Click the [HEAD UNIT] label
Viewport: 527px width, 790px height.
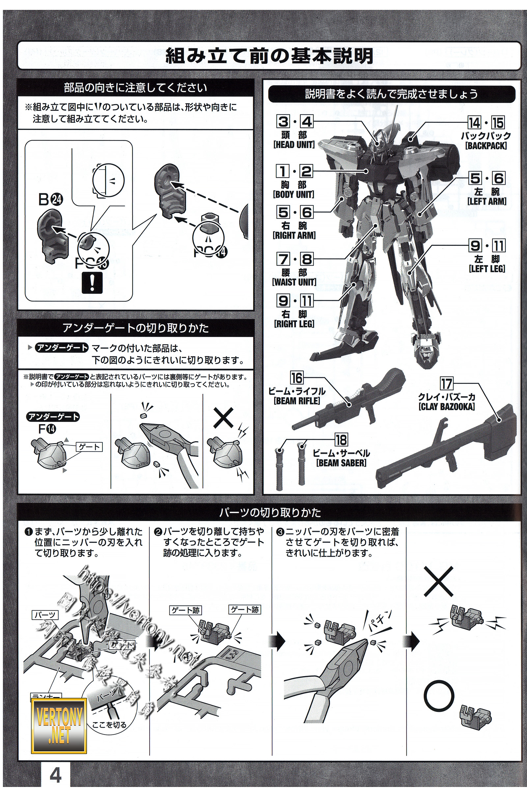(x=294, y=145)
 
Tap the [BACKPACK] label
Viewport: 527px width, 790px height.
(x=486, y=146)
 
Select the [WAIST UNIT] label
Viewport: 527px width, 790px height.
(x=294, y=282)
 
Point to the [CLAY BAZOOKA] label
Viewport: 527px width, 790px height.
(x=447, y=407)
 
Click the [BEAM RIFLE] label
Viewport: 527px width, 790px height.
(x=297, y=401)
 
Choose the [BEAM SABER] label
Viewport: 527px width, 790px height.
(x=342, y=463)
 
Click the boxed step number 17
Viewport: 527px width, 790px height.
(x=447, y=384)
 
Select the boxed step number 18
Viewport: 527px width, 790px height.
(x=341, y=440)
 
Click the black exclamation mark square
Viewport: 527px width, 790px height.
(x=92, y=284)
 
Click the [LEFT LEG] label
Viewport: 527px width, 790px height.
(x=487, y=269)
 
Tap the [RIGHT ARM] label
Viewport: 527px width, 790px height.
(x=294, y=235)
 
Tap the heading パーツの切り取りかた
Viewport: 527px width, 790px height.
(x=270, y=512)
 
